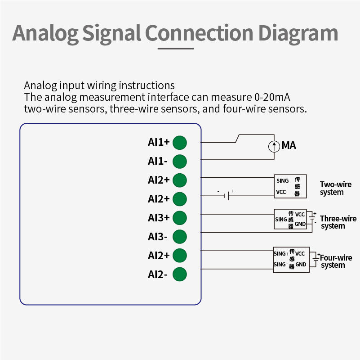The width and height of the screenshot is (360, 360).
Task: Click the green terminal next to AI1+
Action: (x=180, y=143)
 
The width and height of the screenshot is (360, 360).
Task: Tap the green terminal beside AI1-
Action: (x=180, y=161)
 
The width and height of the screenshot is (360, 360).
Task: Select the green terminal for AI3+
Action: (x=180, y=218)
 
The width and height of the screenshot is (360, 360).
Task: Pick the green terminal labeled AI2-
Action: (x=180, y=274)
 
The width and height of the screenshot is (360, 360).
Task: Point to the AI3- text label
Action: (x=158, y=237)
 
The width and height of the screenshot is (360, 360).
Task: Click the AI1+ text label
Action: (x=159, y=143)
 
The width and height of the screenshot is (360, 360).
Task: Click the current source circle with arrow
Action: (x=274, y=146)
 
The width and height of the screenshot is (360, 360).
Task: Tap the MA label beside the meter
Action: (x=289, y=146)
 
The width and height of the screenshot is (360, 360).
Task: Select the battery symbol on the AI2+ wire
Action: (x=229, y=195)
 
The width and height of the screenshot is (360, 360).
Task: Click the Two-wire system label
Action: (x=335, y=188)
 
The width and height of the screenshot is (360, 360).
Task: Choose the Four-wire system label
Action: (x=336, y=261)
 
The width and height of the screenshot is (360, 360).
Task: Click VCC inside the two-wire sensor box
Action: (x=281, y=192)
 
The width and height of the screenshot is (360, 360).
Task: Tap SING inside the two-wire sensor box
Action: (x=283, y=181)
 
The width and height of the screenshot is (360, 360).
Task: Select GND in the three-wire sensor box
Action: (x=300, y=224)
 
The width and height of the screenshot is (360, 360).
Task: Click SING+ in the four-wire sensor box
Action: (x=281, y=254)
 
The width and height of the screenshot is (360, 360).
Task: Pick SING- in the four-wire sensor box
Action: (x=281, y=265)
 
